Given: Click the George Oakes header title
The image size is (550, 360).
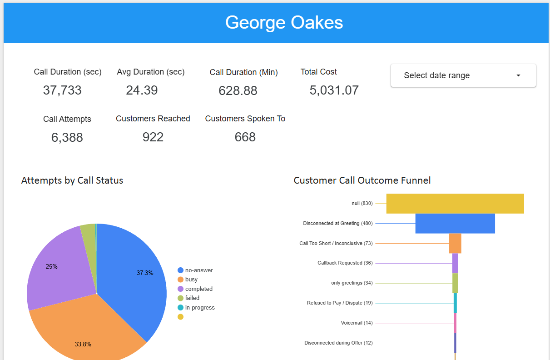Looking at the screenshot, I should coord(284,22).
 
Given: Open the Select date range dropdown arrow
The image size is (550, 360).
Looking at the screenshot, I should coord(518,75).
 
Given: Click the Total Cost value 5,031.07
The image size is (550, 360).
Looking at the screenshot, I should coord(334,90).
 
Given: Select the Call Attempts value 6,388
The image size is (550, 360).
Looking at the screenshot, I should coord(67,137).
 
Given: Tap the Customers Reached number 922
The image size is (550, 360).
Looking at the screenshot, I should coord(153,137).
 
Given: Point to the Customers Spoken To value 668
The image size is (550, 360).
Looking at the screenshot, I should coord(245,137).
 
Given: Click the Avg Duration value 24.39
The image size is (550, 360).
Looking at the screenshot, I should coord(142,90).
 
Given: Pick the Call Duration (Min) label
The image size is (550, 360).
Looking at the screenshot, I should coord(243,72).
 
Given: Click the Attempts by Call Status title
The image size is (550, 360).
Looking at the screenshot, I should coord(72,180).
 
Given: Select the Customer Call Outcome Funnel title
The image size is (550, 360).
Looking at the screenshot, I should coord(362,180).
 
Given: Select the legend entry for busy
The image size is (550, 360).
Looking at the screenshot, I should coord(191,280).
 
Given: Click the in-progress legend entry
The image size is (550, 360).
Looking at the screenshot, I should coord(199,307).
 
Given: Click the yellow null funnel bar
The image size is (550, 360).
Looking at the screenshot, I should coord(455,204).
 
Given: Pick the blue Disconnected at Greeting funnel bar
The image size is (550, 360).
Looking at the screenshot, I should coord(455,224).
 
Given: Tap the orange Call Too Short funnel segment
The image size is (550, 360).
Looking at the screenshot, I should coord(455,243).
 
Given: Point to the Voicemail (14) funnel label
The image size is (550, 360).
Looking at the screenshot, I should coord(357,323).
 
